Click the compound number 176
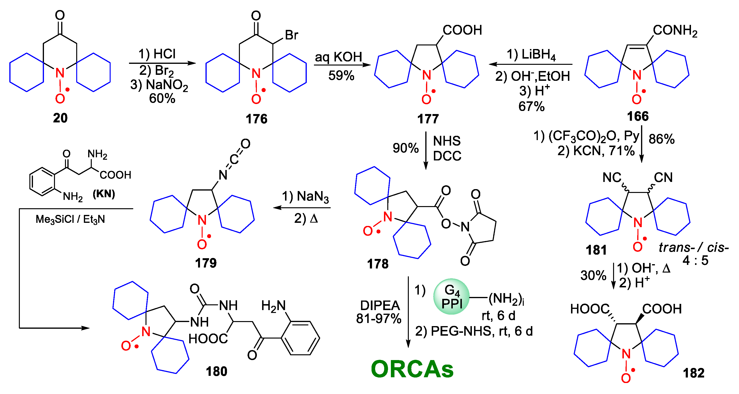[x=256, y=119]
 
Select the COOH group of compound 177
[x=462, y=30]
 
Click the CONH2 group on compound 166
[x=675, y=30]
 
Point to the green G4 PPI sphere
[x=451, y=296]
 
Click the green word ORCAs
[x=412, y=369]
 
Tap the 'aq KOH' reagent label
[x=339, y=57]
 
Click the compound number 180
[x=216, y=371]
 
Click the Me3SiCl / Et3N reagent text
[x=70, y=219]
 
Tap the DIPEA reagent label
[x=380, y=305]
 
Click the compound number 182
[x=693, y=373]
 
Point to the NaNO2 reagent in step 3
[x=167, y=85]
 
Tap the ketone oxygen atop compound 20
[x=60, y=15]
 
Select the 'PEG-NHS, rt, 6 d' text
[x=482, y=331]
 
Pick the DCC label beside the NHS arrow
[x=447, y=156]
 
